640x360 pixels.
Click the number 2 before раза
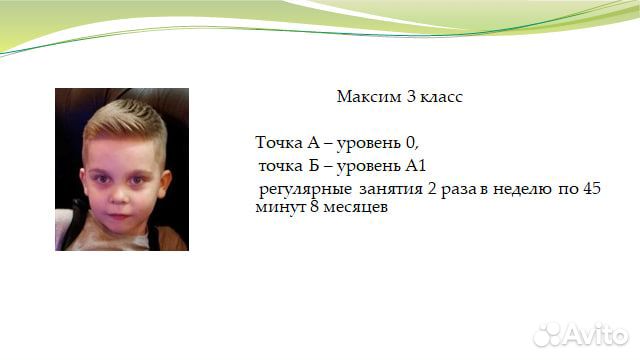tap(436, 189)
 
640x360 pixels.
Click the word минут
tap(278, 207)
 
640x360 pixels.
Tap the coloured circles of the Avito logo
tap(550, 335)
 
